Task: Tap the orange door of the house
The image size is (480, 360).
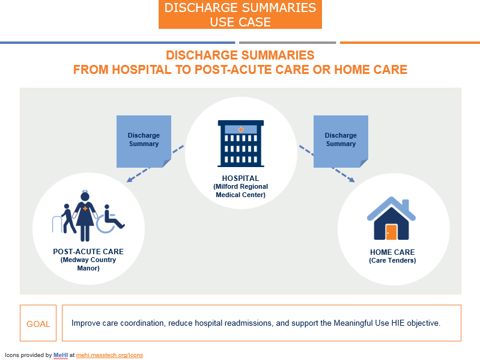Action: point(391,231)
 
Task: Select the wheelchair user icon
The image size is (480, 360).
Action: point(111,219)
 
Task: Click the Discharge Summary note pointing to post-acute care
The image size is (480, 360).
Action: point(143,139)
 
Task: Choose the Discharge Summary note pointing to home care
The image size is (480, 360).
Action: point(340,139)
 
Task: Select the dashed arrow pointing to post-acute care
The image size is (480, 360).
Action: point(154,163)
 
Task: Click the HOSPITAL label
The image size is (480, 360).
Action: point(240,178)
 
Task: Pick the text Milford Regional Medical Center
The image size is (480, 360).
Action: point(240,191)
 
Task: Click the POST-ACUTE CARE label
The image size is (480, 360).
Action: point(88,252)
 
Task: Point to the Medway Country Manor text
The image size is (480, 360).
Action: point(88,264)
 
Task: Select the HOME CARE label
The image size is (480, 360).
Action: point(392,252)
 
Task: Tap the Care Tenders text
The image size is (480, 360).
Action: point(392,261)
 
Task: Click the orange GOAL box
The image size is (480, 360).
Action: point(38,323)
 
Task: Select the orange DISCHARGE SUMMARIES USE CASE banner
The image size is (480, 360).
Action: point(240,15)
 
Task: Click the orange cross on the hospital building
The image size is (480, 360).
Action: point(241,129)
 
